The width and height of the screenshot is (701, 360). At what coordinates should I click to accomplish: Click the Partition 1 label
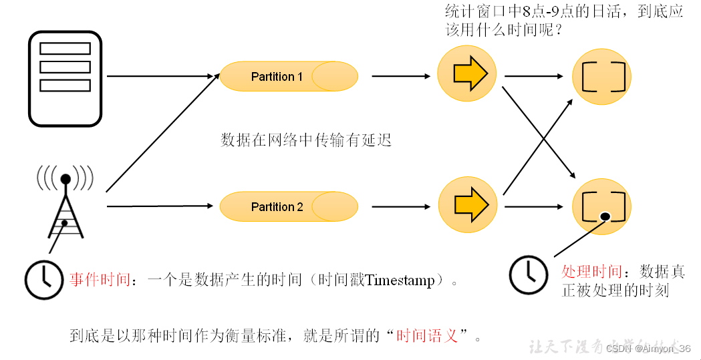click(x=277, y=77)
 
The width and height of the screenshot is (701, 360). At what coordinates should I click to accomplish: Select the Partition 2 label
click(x=277, y=207)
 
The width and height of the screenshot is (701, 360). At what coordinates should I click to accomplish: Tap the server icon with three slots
click(x=65, y=79)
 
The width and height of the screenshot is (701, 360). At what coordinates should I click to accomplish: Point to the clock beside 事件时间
click(x=44, y=278)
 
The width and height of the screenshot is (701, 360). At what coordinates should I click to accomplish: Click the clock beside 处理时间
click(x=529, y=274)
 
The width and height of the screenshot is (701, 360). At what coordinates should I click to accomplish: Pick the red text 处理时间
click(x=592, y=272)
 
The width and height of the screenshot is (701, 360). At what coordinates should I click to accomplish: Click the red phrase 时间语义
click(x=427, y=335)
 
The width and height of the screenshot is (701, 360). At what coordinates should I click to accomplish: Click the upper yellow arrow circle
click(x=467, y=73)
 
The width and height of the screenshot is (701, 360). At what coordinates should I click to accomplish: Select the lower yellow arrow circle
click(x=468, y=204)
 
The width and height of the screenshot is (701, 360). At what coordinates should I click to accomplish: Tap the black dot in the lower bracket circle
click(x=604, y=216)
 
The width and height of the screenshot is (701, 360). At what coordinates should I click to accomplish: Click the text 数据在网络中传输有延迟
click(x=305, y=140)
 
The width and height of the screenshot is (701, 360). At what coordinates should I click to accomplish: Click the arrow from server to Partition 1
click(x=160, y=76)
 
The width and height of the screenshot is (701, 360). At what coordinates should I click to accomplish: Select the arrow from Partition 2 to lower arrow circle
click(x=401, y=206)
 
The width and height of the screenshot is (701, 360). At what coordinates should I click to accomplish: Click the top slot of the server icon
click(x=65, y=49)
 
